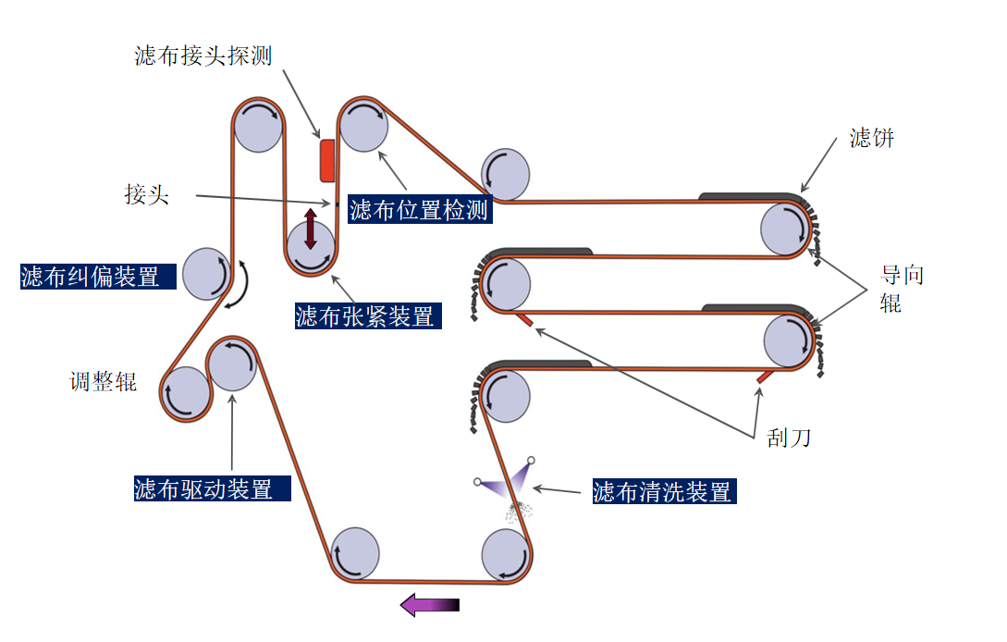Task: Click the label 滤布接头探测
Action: point(203,56)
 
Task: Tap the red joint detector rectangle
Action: point(327,160)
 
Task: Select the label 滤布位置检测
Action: point(419,210)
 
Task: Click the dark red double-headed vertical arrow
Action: point(311,228)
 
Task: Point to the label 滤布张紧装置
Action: point(365,316)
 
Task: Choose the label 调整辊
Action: point(104,381)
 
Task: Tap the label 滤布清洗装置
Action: point(662,491)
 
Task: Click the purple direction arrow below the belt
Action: point(429,606)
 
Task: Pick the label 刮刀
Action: point(789,437)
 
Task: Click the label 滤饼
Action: point(872,139)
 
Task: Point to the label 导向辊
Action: point(902,287)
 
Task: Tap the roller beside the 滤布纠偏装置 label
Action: point(206,273)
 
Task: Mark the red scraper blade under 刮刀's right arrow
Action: point(765,377)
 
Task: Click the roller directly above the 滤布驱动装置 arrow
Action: point(231,364)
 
